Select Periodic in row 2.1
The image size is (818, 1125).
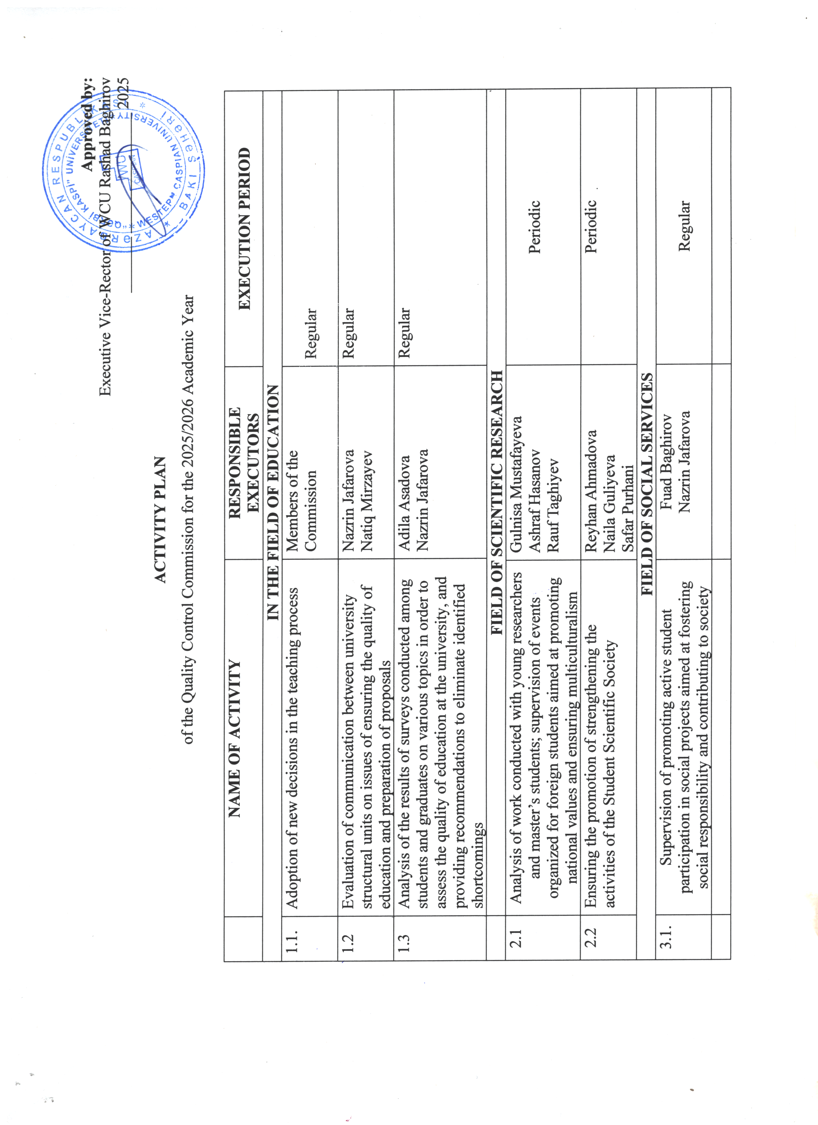pyautogui.click(x=534, y=227)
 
